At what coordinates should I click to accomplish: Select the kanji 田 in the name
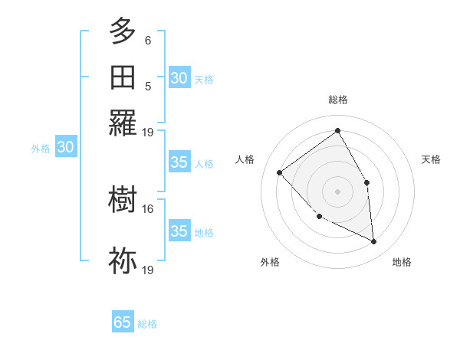(123, 77)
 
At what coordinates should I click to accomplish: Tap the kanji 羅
(123, 123)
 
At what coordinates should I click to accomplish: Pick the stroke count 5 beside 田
(148, 86)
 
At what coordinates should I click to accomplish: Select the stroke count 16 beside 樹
(148, 208)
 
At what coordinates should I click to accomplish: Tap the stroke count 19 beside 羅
(148, 132)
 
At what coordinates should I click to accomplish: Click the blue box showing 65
(123, 322)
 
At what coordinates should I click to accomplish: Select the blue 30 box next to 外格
(65, 148)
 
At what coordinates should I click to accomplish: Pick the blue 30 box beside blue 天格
(179, 78)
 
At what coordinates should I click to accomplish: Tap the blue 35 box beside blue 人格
(179, 162)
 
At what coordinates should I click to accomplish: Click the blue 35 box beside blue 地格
(179, 231)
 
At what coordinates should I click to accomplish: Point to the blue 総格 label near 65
(147, 324)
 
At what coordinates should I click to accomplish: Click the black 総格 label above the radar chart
(337, 100)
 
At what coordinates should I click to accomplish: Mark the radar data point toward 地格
(374, 242)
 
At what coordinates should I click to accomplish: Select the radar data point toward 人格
(280, 172)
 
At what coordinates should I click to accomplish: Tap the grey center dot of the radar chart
(337, 191)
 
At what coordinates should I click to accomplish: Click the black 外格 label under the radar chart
(270, 262)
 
